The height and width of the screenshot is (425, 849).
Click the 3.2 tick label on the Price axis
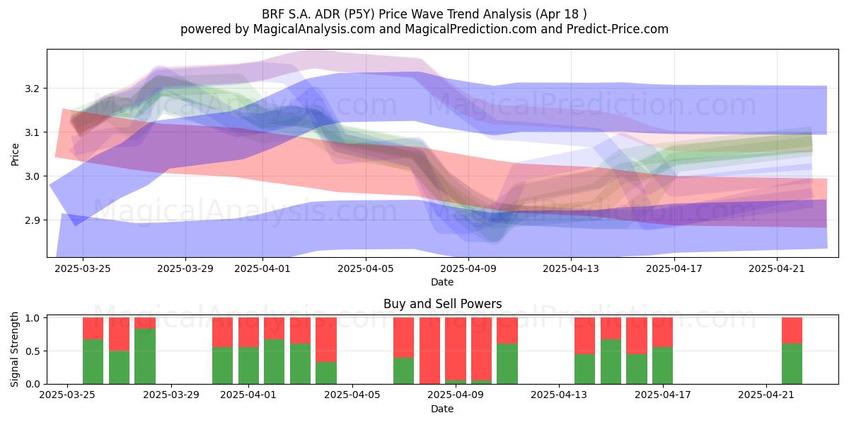[33, 89]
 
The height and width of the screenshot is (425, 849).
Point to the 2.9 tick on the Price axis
[33, 220]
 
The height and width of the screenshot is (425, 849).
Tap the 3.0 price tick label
[33, 176]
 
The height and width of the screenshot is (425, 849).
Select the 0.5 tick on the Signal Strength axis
[33, 351]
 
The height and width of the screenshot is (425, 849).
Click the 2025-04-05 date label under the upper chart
[366, 268]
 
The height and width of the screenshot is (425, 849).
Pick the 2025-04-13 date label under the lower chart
[559, 395]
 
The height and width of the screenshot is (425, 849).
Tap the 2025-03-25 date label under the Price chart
[83, 268]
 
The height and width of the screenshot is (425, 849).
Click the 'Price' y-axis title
[15, 154]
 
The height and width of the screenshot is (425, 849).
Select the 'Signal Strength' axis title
[14, 349]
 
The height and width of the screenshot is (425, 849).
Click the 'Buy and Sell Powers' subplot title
[442, 304]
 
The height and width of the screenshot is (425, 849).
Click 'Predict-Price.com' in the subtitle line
[618, 29]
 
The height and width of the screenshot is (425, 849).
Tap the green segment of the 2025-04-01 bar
[248, 365]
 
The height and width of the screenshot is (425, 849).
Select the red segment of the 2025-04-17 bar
[662, 332]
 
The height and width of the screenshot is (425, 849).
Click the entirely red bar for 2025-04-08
[430, 351]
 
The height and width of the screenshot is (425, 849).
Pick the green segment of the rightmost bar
[792, 363]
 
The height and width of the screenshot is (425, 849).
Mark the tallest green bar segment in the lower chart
[145, 356]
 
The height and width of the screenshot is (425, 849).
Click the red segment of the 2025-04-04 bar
[326, 339]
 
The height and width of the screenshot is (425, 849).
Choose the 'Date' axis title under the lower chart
[442, 409]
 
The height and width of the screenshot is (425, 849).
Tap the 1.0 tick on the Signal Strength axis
[33, 318]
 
